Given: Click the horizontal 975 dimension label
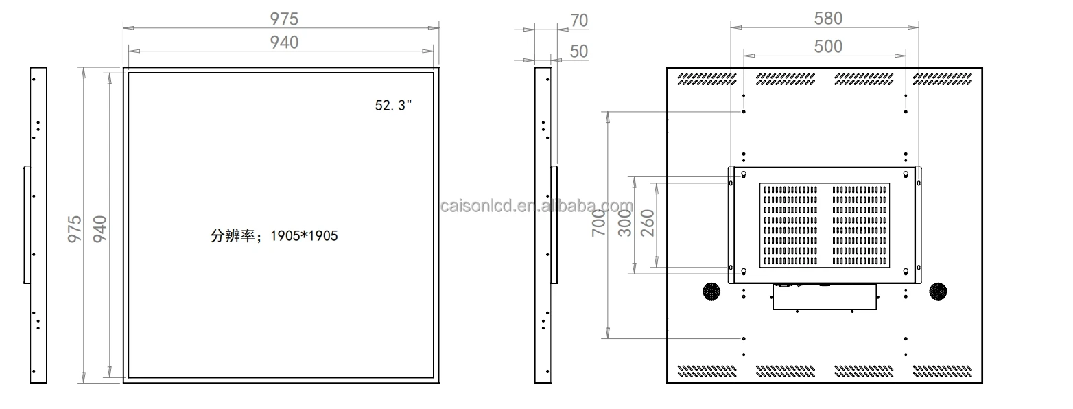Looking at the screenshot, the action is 284,19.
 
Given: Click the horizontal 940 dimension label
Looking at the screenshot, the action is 284,43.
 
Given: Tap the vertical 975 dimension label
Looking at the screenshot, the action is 75,229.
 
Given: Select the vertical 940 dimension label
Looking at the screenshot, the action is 100,229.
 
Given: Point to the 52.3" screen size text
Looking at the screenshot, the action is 393,106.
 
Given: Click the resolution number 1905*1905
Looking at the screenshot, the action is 304,235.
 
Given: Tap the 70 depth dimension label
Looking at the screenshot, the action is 579,21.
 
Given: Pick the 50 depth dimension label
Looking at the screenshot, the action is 579,51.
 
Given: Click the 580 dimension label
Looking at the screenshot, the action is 828,19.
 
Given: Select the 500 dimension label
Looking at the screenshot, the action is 828,47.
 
